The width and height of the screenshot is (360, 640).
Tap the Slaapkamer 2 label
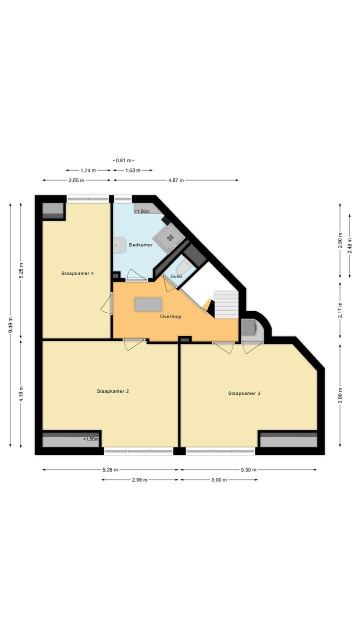tap(113, 391)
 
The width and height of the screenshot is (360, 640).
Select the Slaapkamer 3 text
tap(244, 393)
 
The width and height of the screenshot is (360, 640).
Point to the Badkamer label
tap(140, 245)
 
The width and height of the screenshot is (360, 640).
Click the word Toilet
tap(176, 277)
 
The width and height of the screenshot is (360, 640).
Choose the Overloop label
tap(170, 317)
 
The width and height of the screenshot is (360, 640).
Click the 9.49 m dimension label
tap(10, 325)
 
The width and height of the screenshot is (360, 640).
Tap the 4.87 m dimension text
tap(176, 180)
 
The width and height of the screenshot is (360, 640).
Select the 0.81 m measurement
tap(123, 160)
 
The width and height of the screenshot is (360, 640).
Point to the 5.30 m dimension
tap(248, 470)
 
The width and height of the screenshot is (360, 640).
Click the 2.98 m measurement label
tap(140, 480)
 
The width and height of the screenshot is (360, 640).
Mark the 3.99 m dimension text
tap(340, 395)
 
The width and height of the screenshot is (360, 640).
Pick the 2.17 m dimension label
tap(340, 310)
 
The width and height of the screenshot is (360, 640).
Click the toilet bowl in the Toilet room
tap(182, 268)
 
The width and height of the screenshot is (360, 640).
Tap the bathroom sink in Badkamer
tap(119, 245)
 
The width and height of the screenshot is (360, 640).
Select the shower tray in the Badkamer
tap(169, 237)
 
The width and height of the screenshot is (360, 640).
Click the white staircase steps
tap(226, 305)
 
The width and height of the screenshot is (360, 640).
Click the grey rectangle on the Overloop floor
tap(148, 304)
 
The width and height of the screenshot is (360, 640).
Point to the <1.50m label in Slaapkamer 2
tap(91, 439)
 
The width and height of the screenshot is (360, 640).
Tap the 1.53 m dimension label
tap(133, 171)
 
